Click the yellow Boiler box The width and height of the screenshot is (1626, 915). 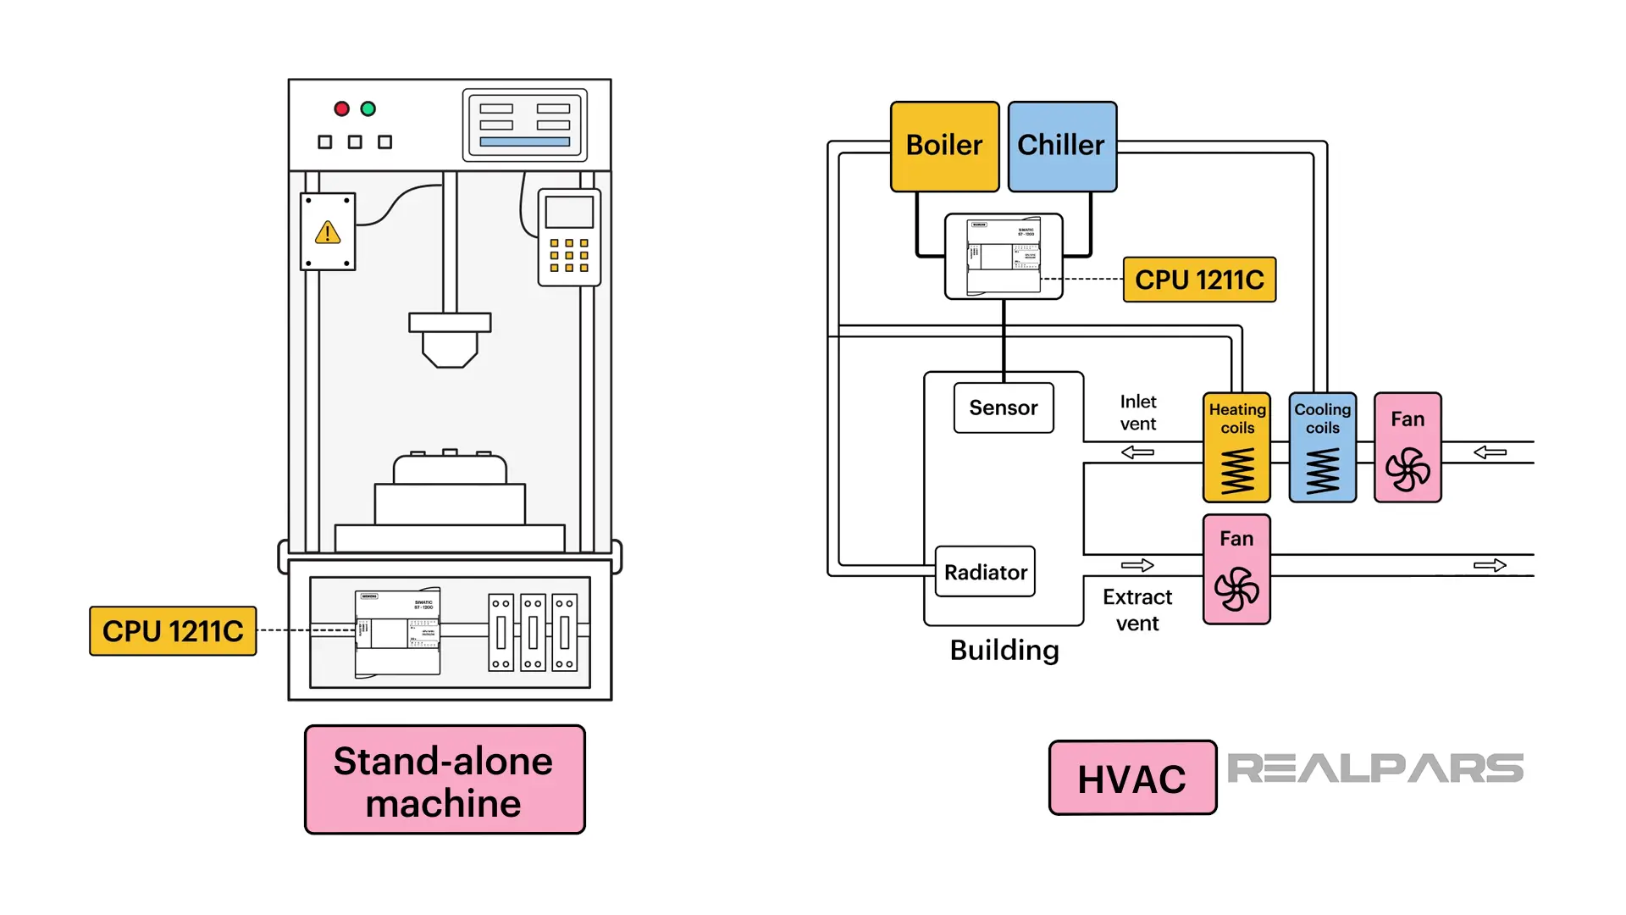tap(944, 146)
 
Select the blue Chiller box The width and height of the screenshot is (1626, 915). tap(1061, 146)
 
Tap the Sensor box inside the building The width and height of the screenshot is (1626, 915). tap(1004, 408)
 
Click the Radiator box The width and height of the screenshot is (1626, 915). tap(985, 572)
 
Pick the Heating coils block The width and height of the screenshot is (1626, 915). tap(1236, 447)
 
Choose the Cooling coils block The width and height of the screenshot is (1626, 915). tap(1322, 447)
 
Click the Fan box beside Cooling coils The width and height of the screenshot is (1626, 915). tap(1408, 447)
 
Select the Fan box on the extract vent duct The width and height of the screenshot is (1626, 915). tap(1236, 569)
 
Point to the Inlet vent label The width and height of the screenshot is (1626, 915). tap(1137, 413)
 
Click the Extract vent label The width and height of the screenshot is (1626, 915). tap(1137, 610)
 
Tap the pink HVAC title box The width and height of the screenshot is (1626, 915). tap(1132, 778)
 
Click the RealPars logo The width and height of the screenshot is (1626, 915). tap(1374, 768)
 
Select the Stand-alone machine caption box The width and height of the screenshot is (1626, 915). tap(444, 780)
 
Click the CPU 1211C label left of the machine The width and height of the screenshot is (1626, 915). tap(173, 631)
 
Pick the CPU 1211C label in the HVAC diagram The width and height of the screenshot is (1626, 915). tap(1199, 280)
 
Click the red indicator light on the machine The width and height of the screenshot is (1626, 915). tap(341, 108)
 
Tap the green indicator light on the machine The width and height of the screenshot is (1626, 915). tap(368, 108)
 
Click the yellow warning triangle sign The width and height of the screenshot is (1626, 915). tap(328, 232)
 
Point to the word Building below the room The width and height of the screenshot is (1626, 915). tap(1004, 650)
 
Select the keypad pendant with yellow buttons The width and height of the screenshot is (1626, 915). tap(569, 237)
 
